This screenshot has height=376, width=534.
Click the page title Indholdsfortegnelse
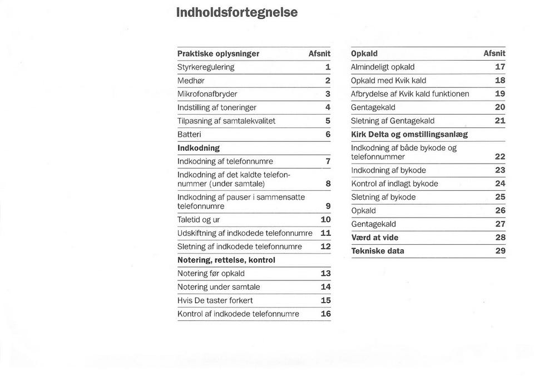pos(237,12)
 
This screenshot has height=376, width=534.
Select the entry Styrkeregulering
pos(206,67)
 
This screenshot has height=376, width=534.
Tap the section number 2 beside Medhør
pos(328,81)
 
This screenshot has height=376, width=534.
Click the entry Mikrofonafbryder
pos(207,94)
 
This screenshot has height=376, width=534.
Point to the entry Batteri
pos(189,135)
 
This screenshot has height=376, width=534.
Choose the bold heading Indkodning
pos(198,149)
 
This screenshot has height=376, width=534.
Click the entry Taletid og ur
pos(198,220)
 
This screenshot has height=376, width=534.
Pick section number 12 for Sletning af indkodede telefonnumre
pos(325,246)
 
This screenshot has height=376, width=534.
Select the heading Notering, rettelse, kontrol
pos(226,260)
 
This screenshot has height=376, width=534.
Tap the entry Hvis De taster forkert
pos(215,300)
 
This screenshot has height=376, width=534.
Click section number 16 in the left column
pos(325,314)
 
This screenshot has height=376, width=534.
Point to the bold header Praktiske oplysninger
pos(218,54)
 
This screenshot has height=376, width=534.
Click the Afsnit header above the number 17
pos(494,54)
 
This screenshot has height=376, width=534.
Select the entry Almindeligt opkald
pos(383,67)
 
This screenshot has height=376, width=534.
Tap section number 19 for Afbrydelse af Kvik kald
pos(500,94)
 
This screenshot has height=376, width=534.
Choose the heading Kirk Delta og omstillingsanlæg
pos(409,134)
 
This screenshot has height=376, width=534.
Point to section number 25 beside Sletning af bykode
pos(500,197)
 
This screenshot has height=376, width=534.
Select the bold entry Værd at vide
pos(374,238)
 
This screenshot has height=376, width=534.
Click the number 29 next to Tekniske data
pos(500,251)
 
